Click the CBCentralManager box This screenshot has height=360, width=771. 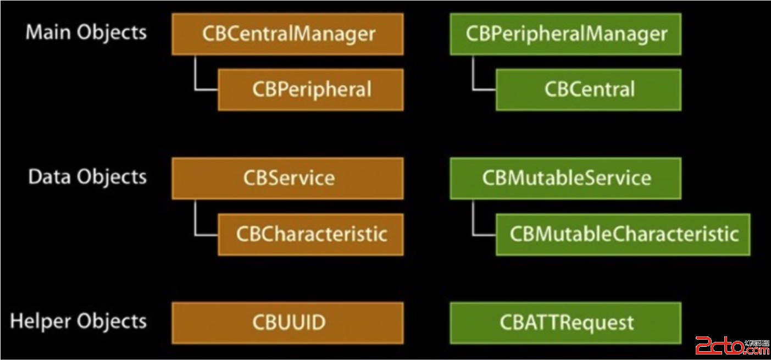287,34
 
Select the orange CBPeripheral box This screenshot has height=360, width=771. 310,90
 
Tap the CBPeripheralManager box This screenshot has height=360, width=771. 565,34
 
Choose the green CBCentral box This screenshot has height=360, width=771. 589,90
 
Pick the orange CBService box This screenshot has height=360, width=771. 287,178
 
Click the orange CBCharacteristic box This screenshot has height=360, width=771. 310,234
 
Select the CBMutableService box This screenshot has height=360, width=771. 565,178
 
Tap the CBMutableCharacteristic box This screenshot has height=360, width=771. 623,234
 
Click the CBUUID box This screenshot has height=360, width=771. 287,323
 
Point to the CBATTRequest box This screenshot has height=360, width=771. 565,323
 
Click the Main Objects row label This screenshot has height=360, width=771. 86,32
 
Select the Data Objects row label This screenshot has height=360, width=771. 87,177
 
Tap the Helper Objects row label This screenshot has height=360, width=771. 79,321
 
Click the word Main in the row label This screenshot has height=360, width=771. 48,32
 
